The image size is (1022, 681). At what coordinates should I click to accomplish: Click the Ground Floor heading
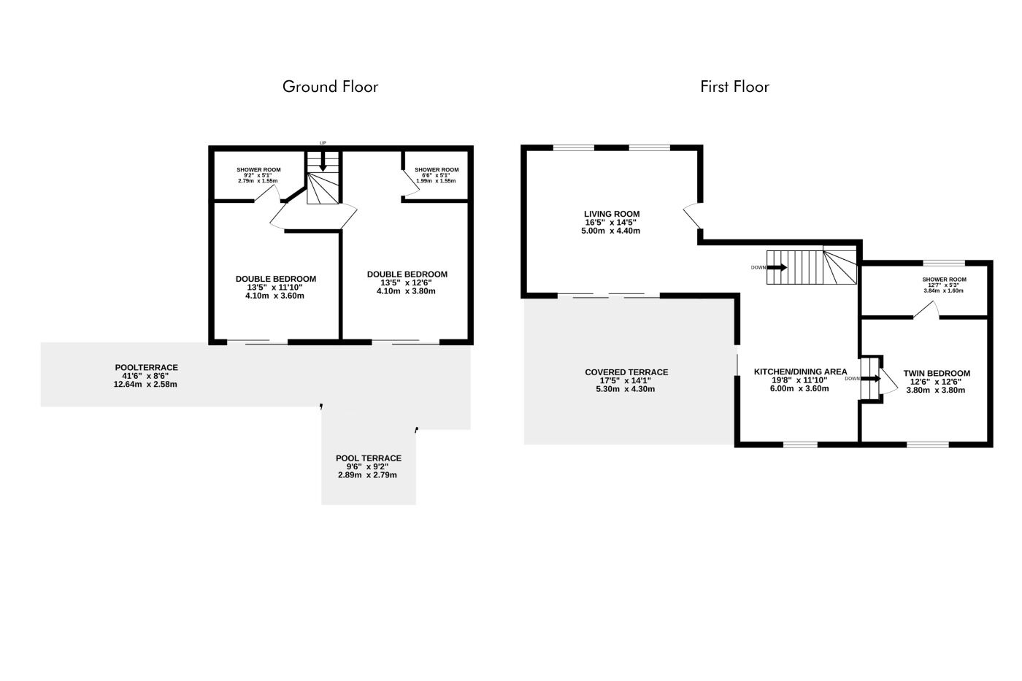click(330, 87)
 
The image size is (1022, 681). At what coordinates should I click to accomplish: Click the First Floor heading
click(734, 87)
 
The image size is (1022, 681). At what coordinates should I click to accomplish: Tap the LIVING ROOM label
click(612, 214)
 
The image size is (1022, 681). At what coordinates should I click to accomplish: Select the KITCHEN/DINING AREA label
click(800, 372)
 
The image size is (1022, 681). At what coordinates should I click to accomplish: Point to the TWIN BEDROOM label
click(936, 373)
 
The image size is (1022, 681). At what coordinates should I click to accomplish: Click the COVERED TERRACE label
click(626, 372)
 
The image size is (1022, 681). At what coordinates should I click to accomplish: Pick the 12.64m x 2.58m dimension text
click(145, 385)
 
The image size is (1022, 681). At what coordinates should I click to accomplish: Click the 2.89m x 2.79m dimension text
click(367, 475)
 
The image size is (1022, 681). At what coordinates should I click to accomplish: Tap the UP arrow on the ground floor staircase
click(323, 161)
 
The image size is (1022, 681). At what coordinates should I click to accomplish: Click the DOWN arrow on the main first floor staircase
click(777, 267)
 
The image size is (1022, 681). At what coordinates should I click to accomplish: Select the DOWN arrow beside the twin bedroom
click(871, 379)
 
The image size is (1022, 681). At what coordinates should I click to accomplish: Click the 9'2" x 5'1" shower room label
click(258, 175)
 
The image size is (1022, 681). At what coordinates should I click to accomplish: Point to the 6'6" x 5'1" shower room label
click(437, 175)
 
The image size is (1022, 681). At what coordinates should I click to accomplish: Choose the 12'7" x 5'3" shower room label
click(943, 285)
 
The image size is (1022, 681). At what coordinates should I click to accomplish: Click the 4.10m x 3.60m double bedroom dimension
click(274, 296)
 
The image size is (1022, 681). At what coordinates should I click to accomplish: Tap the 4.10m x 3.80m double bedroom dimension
click(406, 291)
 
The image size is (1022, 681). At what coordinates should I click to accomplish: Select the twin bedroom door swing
click(889, 381)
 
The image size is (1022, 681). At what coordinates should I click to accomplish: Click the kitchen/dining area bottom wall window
click(800, 445)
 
